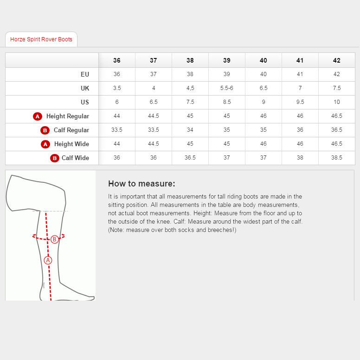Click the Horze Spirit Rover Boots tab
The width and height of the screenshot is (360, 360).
41,39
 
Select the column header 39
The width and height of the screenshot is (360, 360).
226,60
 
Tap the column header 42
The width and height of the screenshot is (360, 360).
337,60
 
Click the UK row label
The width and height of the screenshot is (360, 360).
85,88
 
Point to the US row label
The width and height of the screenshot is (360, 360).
85,102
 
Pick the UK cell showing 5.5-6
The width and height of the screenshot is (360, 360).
226,88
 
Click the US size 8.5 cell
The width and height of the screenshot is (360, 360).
226,102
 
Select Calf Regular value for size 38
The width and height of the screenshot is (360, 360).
190,130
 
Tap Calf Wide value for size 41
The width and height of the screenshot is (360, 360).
300,158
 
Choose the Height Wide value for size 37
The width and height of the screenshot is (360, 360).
154,144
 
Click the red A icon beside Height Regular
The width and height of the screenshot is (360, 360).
38,116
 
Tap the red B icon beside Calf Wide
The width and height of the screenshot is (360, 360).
55,158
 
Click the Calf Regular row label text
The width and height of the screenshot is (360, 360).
71,130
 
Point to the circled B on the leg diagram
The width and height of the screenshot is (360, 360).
54,239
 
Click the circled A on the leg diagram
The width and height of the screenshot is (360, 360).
48,260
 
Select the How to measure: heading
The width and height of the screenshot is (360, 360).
141,184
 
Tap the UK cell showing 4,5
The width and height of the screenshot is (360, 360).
190,88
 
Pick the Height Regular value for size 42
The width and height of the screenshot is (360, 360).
337,116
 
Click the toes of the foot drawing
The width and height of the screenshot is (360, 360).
90,297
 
